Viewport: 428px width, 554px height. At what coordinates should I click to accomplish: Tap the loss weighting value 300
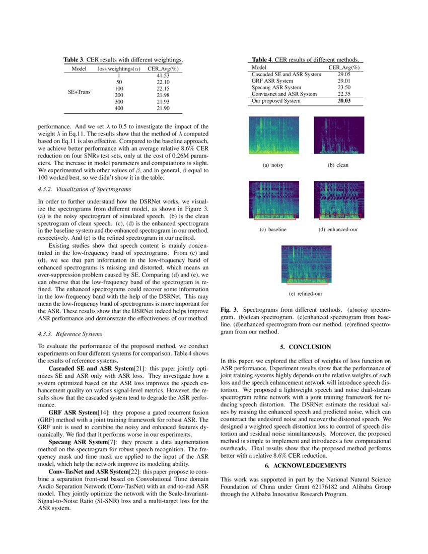[119, 101]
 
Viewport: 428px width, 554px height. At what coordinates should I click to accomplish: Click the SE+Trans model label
[79, 92]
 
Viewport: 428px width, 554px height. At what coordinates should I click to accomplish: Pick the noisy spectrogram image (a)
[273, 135]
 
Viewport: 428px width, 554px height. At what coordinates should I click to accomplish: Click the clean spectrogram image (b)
[338, 135]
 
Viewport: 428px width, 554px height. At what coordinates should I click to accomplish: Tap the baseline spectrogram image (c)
[273, 200]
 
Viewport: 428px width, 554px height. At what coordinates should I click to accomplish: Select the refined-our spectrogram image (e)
[306, 264]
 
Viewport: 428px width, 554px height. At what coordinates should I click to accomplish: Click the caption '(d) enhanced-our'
[338, 230]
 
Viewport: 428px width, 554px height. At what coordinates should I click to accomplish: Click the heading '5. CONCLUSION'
[306, 347]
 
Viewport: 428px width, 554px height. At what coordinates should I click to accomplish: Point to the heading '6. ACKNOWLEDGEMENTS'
[306, 465]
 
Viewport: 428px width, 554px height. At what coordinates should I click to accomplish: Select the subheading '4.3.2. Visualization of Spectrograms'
[85, 189]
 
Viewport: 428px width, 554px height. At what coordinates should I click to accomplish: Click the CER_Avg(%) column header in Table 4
[344, 67]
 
